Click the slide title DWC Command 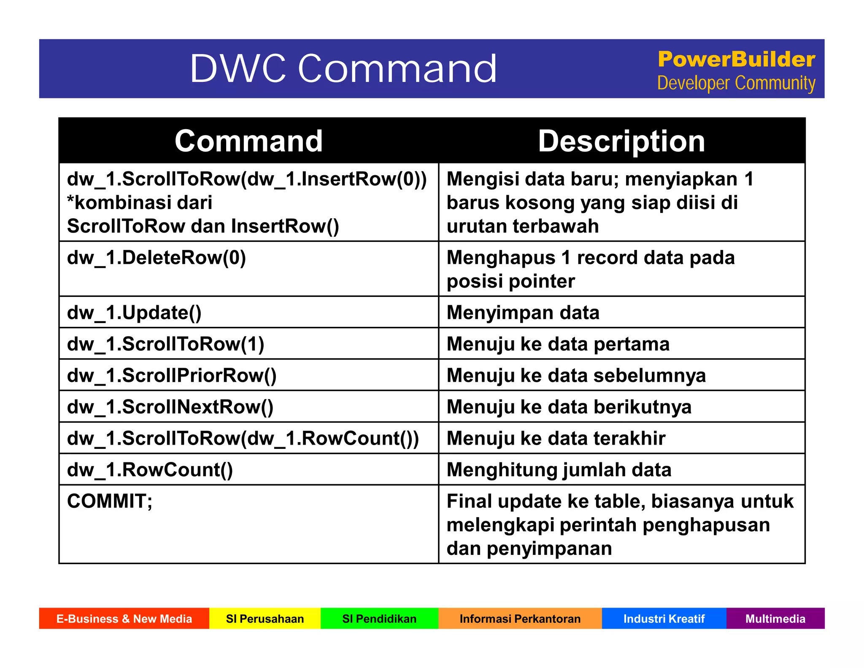(x=343, y=68)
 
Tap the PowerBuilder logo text (x=736, y=60)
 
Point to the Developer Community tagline (x=736, y=83)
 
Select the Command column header (x=248, y=141)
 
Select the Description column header (x=621, y=141)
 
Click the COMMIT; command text (x=110, y=502)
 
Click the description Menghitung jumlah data (x=559, y=470)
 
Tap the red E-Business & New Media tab (x=124, y=619)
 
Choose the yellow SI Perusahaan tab (x=265, y=619)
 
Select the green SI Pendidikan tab (x=379, y=619)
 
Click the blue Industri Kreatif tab (x=664, y=619)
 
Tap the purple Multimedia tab (x=775, y=619)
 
